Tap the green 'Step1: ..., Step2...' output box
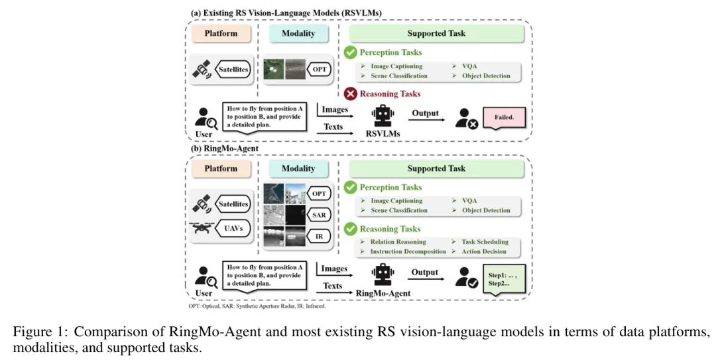(x=506, y=278)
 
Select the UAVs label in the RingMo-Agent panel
(x=229, y=229)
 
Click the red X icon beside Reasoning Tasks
(x=350, y=93)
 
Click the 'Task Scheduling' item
(x=484, y=242)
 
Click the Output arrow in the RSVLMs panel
(x=424, y=119)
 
